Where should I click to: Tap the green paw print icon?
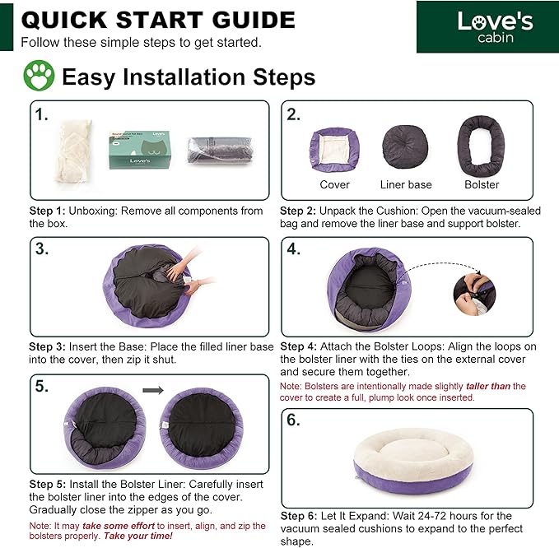[39, 76]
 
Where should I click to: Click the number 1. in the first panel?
[41, 114]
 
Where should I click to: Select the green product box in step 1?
[140, 150]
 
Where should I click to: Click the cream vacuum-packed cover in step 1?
[73, 151]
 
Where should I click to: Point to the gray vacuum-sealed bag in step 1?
[221, 150]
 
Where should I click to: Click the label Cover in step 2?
[334, 184]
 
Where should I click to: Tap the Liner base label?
[406, 184]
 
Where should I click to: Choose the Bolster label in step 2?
[482, 184]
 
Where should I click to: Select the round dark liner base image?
[405, 146]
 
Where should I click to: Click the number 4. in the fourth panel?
[293, 248]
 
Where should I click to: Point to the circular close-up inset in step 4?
[474, 295]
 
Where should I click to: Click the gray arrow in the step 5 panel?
[153, 391]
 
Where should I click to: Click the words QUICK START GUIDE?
[158, 20]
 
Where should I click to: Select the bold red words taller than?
[488, 386]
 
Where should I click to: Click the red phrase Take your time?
[138, 536]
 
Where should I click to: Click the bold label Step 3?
[47, 346]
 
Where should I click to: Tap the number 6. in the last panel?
[293, 420]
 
